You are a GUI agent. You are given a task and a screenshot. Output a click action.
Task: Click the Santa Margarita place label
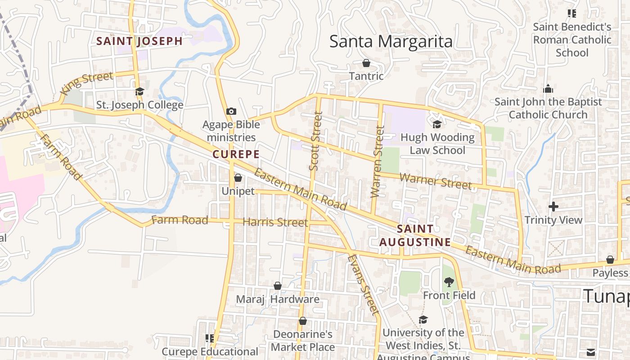tap(391, 42)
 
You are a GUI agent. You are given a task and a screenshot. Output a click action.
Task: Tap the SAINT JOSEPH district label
tap(139, 41)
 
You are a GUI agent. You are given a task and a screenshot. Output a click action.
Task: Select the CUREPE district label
tap(236, 154)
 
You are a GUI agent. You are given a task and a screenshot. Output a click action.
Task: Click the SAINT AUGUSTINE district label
tap(415, 235)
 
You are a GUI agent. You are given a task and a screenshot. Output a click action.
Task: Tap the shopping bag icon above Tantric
tap(366, 63)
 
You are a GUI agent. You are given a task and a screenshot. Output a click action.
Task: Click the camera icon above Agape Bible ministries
tap(231, 111)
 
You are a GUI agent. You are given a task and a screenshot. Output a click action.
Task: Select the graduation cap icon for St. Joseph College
tap(139, 91)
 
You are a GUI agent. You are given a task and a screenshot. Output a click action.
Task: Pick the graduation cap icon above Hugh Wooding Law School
tap(437, 124)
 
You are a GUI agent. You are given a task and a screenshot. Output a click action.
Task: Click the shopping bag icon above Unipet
tap(238, 178)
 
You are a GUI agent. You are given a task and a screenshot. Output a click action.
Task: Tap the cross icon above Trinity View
tap(553, 207)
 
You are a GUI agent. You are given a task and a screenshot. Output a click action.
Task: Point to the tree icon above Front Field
tap(449, 282)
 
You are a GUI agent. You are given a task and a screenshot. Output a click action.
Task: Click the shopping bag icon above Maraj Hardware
tap(278, 286)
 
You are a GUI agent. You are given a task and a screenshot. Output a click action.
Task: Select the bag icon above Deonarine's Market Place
tap(303, 321)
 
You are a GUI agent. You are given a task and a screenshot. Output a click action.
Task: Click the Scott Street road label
tap(316, 141)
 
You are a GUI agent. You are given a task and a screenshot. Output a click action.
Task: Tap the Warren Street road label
tap(378, 162)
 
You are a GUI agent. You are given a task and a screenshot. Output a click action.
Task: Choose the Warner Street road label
tap(436, 181)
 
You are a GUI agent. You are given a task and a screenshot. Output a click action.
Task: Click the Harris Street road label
tap(275, 222)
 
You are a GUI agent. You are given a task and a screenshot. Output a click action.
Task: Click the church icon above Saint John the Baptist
tap(548, 89)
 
